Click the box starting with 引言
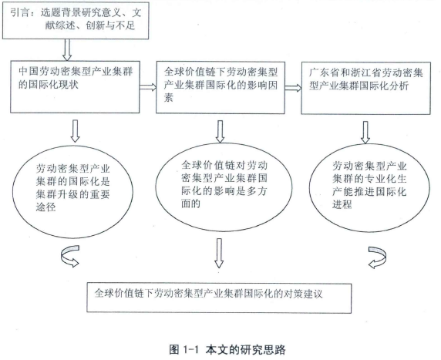76,20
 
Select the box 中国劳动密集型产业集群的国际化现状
75,87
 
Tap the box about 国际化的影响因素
220,87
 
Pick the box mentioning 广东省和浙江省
366,88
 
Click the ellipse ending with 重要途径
72,192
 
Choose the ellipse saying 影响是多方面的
224,187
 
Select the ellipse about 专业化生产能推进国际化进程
369,188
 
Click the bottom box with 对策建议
219,298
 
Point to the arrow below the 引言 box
67,50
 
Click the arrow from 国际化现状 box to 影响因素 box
148,87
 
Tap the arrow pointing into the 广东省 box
293,88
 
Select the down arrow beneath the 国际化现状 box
75,131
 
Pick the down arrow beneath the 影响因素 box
220,132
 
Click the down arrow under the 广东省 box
365,132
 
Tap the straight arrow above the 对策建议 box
220,253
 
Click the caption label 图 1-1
184,350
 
